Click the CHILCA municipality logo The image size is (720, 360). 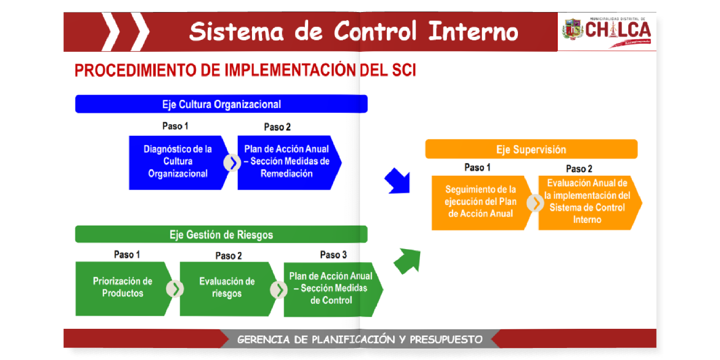[x=607, y=31]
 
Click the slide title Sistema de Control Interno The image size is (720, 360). [x=353, y=32]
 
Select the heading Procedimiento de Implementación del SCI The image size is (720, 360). [x=245, y=71]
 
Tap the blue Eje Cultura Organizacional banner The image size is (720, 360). [x=221, y=104]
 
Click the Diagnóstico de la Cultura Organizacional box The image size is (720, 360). [x=178, y=162]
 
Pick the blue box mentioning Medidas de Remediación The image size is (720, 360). [x=287, y=162]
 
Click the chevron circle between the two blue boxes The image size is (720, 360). [x=232, y=163]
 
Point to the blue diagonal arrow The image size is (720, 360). [x=398, y=181]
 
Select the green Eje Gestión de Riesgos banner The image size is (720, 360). [x=221, y=235]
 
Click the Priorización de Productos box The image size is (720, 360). [x=122, y=288]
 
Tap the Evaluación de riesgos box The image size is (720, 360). [x=227, y=288]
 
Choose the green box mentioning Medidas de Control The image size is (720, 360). [x=331, y=289]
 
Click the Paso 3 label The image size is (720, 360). [x=333, y=255]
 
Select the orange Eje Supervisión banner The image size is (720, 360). [x=531, y=149]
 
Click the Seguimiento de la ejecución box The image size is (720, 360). [x=480, y=202]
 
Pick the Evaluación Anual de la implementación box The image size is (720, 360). [x=588, y=202]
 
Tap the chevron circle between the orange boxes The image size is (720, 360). [x=535, y=203]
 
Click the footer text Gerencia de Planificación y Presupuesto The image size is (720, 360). [x=360, y=339]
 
